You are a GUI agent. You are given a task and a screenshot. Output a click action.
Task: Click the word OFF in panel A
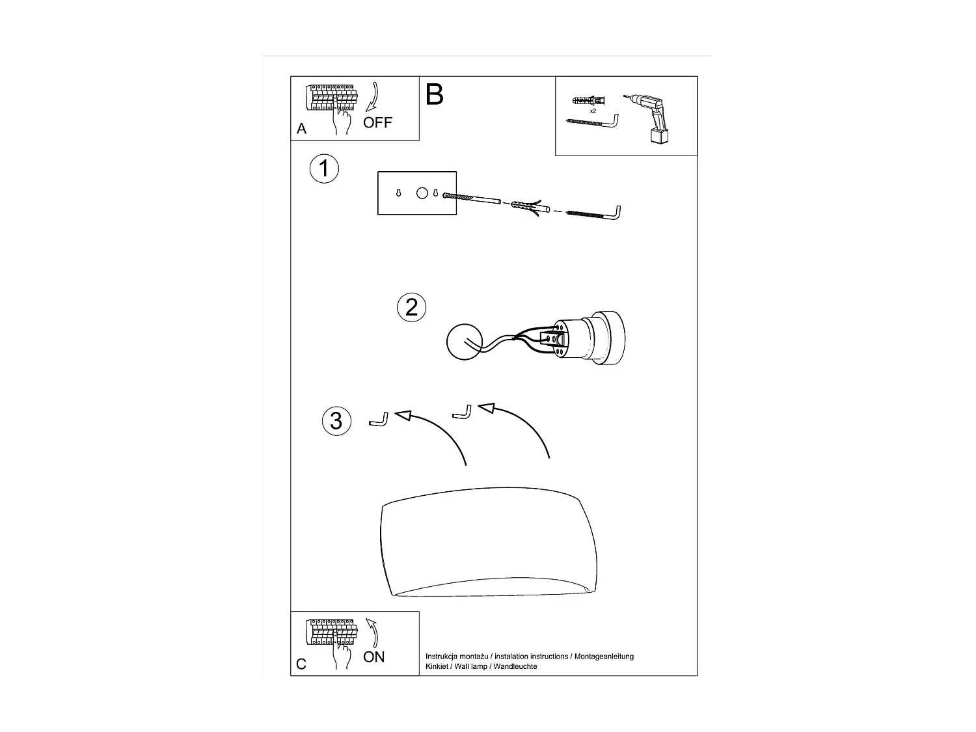(377, 122)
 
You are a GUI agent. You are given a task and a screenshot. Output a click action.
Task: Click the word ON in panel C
(374, 657)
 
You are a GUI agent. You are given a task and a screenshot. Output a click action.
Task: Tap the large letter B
(434, 95)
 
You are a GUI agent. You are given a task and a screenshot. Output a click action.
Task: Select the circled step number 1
(323, 169)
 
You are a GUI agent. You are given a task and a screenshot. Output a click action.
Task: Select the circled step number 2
(411, 307)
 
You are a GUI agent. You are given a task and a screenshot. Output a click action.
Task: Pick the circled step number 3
(336, 421)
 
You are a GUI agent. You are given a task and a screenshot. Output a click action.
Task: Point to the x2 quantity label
(593, 111)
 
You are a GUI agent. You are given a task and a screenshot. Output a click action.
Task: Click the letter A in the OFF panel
(301, 129)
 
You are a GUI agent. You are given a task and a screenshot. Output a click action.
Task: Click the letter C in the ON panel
(301, 664)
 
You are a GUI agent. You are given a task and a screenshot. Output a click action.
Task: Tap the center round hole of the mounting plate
(422, 193)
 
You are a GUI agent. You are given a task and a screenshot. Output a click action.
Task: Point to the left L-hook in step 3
(379, 420)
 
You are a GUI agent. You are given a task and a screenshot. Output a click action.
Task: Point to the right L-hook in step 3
(463, 413)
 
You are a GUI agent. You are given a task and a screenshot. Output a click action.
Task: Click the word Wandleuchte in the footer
(516, 667)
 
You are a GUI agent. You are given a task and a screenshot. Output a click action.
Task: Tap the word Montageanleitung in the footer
(604, 657)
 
